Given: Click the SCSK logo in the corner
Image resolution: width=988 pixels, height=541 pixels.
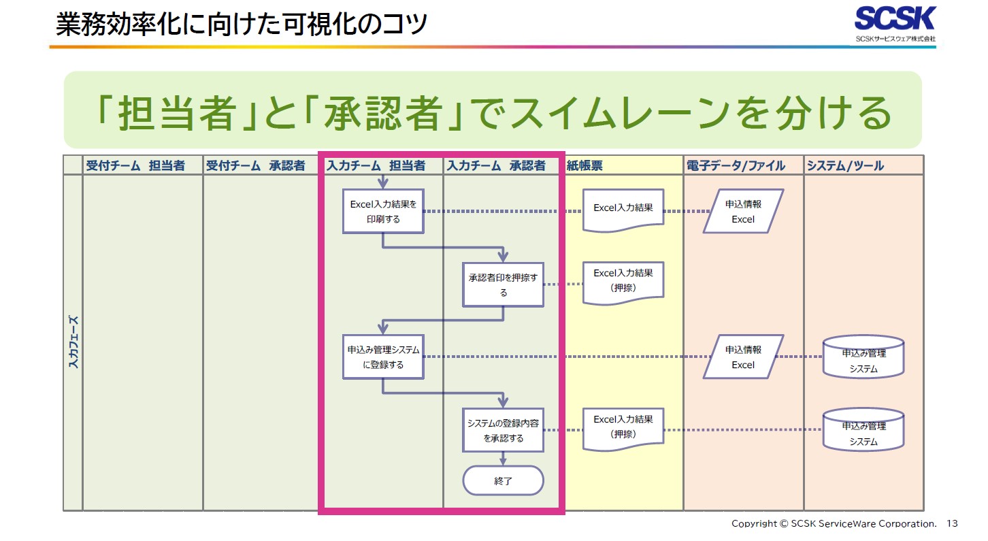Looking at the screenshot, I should tap(895, 23).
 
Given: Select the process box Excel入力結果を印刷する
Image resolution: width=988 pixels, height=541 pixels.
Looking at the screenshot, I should tap(383, 211).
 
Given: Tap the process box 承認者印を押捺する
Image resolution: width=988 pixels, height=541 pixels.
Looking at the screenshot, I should tap(504, 284).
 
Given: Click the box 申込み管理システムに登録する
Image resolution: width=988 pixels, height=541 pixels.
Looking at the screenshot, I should tap(383, 357).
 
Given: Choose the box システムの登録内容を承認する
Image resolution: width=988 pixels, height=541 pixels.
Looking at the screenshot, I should tap(504, 430).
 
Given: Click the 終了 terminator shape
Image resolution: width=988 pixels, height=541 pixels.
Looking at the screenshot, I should tap(504, 480).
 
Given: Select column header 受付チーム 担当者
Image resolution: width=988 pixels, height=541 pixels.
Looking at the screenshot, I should tap(135, 165).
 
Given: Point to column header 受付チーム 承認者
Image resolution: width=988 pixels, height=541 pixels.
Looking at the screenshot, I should tap(256, 165).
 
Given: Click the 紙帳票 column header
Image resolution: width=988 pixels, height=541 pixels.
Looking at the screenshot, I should tap(584, 165).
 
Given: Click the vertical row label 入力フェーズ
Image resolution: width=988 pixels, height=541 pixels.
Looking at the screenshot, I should tap(73, 342).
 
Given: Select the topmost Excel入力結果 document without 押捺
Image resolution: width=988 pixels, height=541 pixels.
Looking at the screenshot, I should tap(623, 210).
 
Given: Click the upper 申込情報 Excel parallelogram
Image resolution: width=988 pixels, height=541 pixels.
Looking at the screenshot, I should tap(743, 211).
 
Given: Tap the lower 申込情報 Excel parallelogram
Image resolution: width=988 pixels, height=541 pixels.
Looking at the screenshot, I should tap(743, 357).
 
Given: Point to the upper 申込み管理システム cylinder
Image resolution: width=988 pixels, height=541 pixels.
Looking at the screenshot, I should tap(863, 358).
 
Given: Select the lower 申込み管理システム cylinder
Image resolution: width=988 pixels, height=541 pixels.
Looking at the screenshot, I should tap(863, 431).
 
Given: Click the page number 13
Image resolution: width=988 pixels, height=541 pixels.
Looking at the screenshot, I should tap(952, 523).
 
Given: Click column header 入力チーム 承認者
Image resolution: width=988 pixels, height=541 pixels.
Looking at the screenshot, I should tap(495, 165).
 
